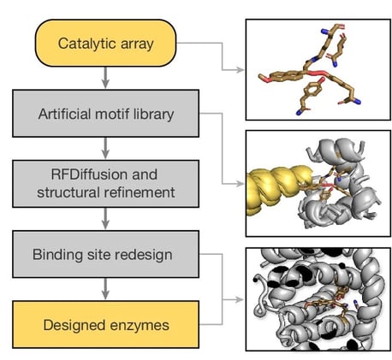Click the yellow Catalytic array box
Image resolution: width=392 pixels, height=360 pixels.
pyautogui.click(x=104, y=42)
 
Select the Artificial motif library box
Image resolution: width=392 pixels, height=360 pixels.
pyautogui.click(x=104, y=114)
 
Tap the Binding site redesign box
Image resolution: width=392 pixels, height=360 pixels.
pyautogui.click(x=104, y=256)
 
